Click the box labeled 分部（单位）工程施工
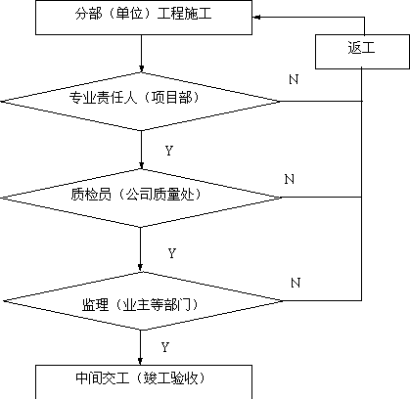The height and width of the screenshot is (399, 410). point(144,18)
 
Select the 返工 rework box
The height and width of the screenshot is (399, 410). point(362,52)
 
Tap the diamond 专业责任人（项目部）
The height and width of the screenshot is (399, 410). point(141,102)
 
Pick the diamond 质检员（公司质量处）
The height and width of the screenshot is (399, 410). point(141,198)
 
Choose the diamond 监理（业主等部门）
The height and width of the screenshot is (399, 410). point(142,301)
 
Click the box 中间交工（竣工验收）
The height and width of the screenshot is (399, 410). point(144,382)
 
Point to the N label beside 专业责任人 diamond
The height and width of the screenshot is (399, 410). point(294,79)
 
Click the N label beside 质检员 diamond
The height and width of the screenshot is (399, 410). point(290,179)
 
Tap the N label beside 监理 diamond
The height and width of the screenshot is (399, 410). point(296,283)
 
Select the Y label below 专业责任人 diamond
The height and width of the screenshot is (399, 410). point(169,151)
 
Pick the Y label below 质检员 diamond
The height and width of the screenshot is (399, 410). point(172,253)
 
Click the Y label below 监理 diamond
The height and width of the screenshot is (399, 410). point(165,347)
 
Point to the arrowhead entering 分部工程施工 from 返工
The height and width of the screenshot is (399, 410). point(256,18)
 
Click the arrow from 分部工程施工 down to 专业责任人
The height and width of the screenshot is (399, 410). point(141,53)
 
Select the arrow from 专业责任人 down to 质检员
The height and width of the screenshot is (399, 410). point(141,150)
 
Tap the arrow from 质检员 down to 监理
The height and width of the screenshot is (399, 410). point(140,249)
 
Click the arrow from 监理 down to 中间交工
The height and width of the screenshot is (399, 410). point(140,347)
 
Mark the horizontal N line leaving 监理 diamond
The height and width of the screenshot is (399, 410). point(322,300)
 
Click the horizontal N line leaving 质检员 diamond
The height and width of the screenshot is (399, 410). point(321,198)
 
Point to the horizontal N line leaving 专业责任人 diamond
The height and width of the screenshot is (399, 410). point(321,102)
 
